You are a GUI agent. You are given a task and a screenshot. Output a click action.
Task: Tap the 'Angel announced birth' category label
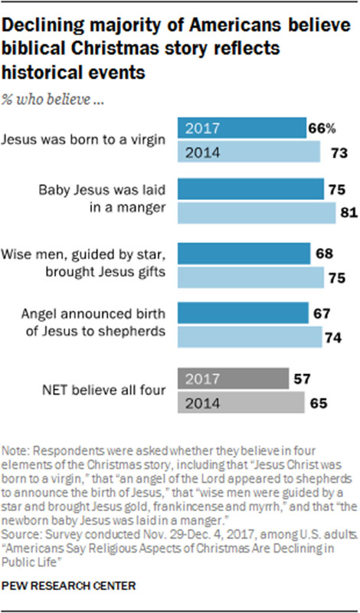click(x=106, y=313)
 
